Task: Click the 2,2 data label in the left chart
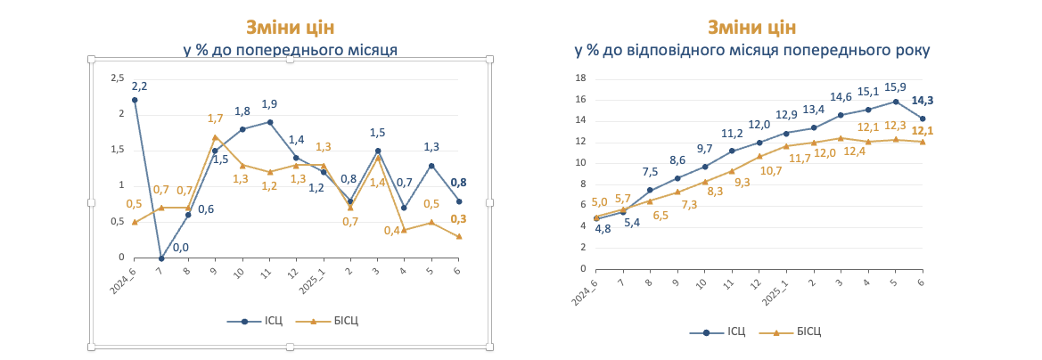click(x=139, y=86)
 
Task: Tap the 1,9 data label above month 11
click(x=269, y=104)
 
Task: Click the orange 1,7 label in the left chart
click(x=215, y=119)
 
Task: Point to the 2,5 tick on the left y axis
click(x=118, y=78)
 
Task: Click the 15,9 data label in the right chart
click(x=895, y=87)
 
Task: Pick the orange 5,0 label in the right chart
click(x=599, y=202)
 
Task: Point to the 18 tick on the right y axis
click(x=579, y=78)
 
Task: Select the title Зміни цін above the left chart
click(x=290, y=28)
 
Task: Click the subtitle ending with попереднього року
click(x=751, y=50)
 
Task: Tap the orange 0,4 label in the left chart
click(x=391, y=231)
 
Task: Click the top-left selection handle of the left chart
click(x=91, y=60)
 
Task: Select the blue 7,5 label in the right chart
click(x=650, y=172)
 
